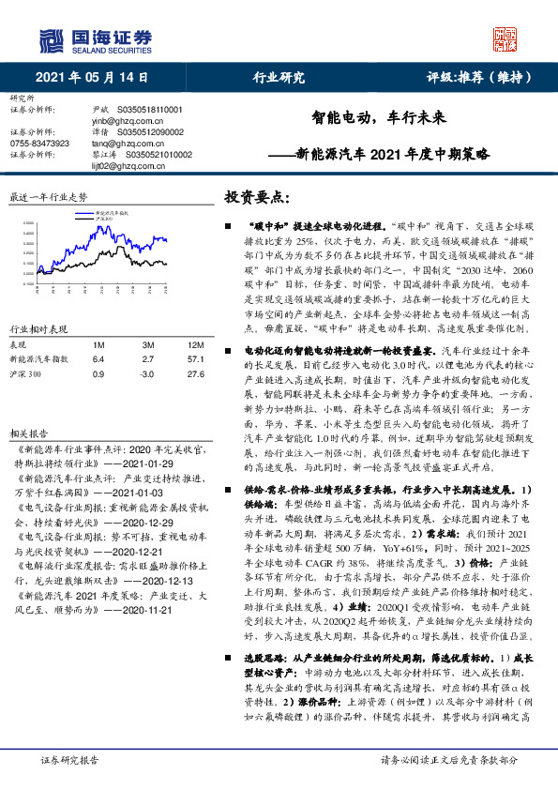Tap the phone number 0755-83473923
[39, 144]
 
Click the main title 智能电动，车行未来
[384, 119]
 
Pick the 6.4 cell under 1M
[98, 359]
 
